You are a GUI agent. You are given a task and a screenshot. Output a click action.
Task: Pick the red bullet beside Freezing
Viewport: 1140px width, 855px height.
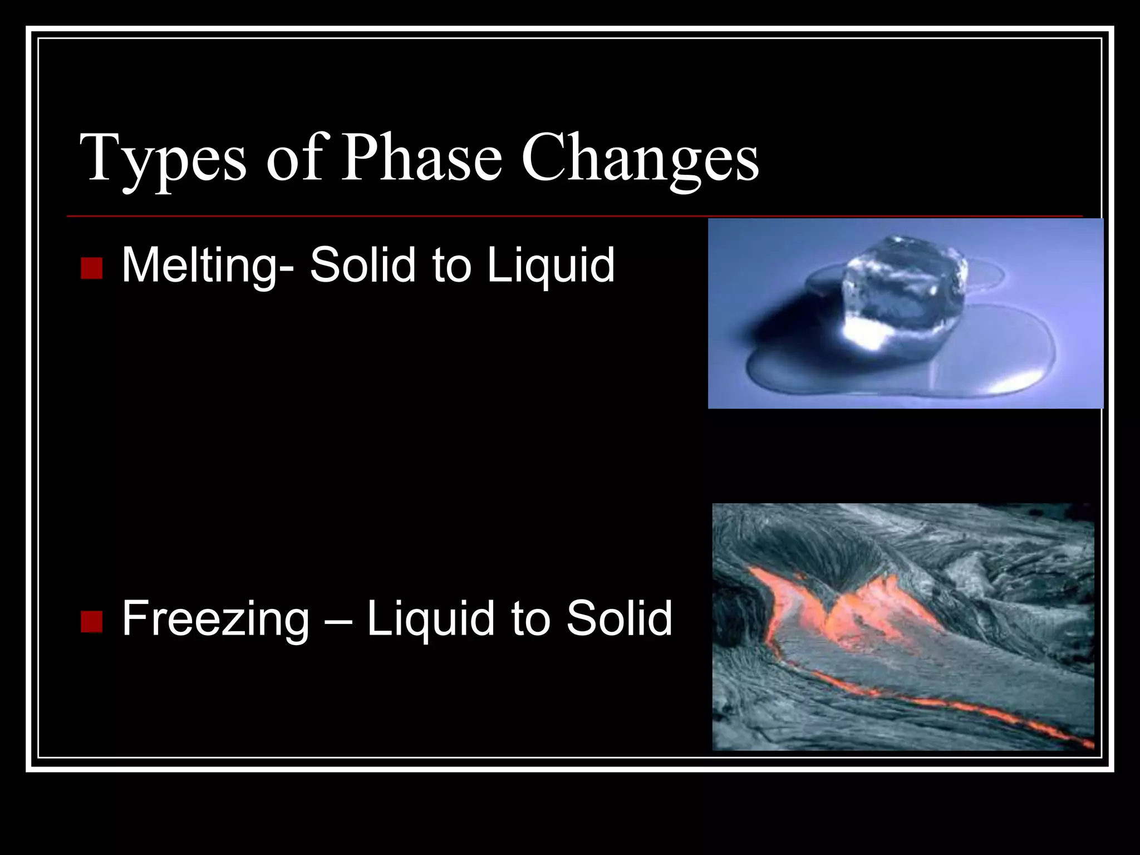pos(91,621)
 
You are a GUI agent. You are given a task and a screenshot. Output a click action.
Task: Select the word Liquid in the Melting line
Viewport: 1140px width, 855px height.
pos(551,266)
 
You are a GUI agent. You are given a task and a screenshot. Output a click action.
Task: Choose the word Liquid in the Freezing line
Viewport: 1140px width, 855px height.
pos(431,619)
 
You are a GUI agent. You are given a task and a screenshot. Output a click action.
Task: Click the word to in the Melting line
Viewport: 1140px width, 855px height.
pos(450,266)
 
